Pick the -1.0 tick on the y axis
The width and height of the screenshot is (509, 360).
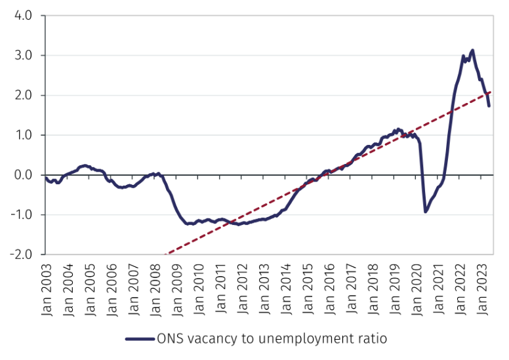pyautogui.click(x=21, y=215)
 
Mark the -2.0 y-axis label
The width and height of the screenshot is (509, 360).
pyautogui.click(x=21, y=255)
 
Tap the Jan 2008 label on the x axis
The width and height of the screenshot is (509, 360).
pyautogui.click(x=156, y=288)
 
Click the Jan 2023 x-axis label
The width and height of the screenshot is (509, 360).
pyautogui.click(x=486, y=288)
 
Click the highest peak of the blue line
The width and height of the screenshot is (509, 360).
pyautogui.click(x=472, y=50)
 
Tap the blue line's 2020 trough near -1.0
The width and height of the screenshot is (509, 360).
pyautogui.click(x=425, y=211)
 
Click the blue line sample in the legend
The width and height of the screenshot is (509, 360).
pyautogui.click(x=139, y=339)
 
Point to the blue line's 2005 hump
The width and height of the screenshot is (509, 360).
pyautogui.click(x=85, y=165)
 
